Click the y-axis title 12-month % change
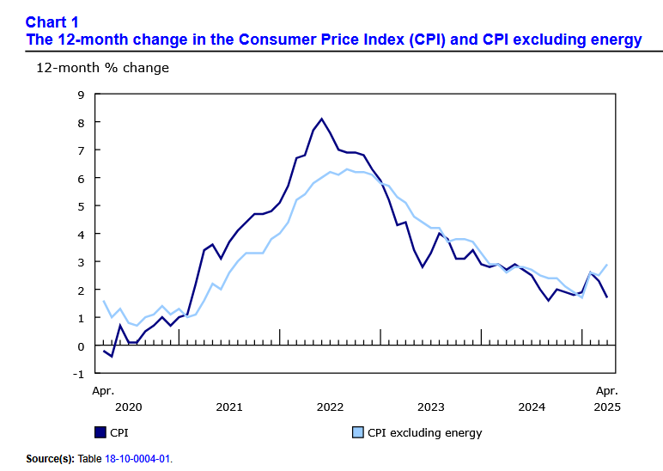(102, 67)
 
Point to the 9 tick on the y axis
(81, 95)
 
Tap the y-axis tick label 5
(81, 206)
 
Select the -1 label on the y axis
(79, 374)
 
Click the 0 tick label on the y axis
(81, 346)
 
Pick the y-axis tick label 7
(81, 150)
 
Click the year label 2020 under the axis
(128, 407)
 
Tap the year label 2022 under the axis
(330, 407)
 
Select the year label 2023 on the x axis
(430, 407)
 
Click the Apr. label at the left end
(103, 390)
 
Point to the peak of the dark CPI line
(321, 119)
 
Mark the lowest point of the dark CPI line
(112, 357)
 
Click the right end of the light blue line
(607, 265)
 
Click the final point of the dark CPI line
(607, 297)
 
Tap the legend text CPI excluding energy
(424, 432)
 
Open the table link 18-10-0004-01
(137, 459)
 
